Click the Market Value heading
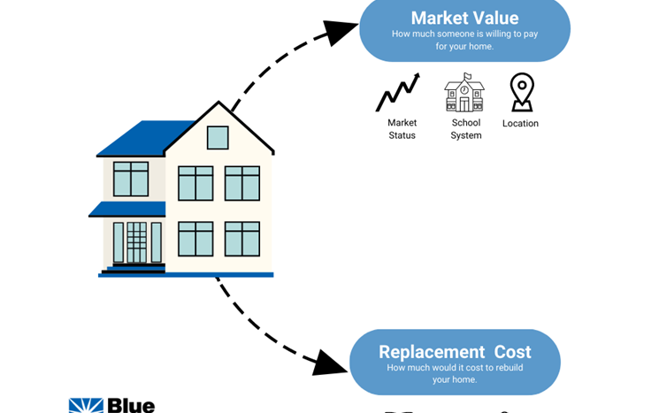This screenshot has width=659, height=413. (x=464, y=18)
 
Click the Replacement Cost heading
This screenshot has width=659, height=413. (x=455, y=352)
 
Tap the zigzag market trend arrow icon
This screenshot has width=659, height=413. (x=397, y=93)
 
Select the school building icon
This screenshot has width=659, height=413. (x=464, y=93)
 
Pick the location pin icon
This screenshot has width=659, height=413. (x=522, y=92)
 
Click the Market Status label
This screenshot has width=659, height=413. (x=402, y=129)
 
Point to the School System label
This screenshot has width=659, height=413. (x=466, y=129)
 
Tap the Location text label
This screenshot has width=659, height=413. (x=520, y=124)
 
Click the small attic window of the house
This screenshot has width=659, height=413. (x=218, y=138)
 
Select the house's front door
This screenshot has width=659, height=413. (x=136, y=243)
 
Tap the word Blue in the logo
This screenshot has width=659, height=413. (x=132, y=406)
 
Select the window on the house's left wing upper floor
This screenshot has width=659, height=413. (x=131, y=179)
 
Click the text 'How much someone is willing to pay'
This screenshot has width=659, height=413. (x=464, y=34)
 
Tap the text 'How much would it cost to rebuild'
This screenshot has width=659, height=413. (x=455, y=368)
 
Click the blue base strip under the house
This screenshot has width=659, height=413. (x=186, y=275)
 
